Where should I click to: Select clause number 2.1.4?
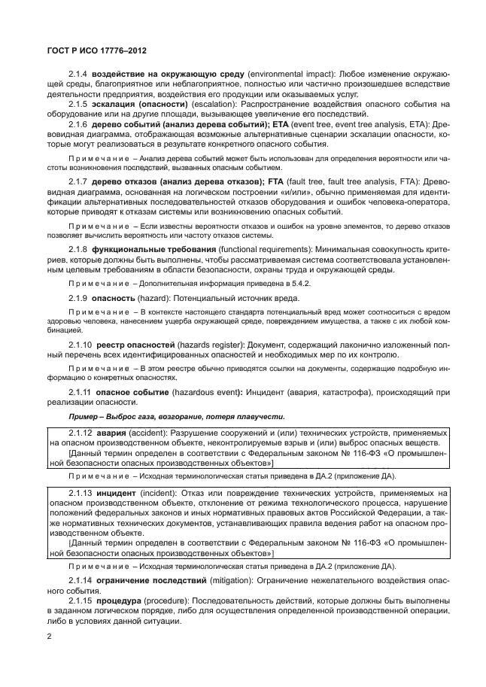tap(79, 75)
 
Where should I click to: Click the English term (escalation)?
tap(214, 104)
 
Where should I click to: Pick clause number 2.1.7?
tap(79, 181)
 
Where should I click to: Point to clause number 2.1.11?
tap(79, 393)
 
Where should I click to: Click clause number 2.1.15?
tap(79, 602)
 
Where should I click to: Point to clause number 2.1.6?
tap(79, 123)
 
